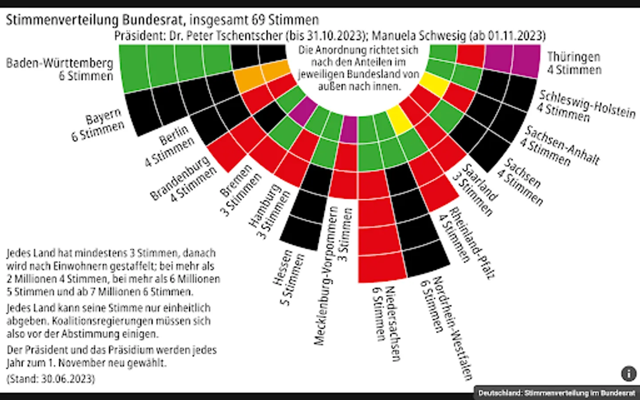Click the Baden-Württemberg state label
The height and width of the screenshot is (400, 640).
(60, 64)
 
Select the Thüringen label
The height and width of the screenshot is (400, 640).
(573, 57)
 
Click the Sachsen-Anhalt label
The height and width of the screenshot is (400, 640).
(562, 144)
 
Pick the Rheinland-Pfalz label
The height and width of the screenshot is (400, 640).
(472, 243)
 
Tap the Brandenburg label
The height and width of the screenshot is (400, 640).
(180, 177)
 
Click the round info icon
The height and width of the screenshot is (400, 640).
(628, 374)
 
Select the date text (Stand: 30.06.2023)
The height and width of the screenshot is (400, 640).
(51, 379)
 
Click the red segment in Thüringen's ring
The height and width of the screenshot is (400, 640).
(470, 56)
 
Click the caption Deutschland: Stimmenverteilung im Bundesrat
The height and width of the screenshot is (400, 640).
(556, 393)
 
